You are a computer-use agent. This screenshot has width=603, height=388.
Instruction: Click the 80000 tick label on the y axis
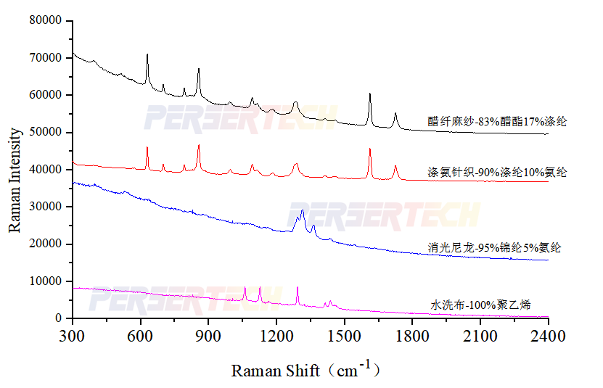pyautogui.click(x=45, y=20)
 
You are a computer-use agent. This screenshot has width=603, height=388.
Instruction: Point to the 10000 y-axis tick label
pyautogui.click(x=45, y=281)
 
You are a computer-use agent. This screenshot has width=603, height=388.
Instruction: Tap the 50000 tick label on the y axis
pyautogui.click(x=45, y=132)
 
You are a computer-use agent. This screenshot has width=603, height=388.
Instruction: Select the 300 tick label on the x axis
pyautogui.click(x=73, y=336)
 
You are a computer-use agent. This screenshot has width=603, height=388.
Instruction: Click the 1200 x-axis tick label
pyautogui.click(x=276, y=336)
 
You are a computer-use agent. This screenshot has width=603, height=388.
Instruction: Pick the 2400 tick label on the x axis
pyautogui.click(x=548, y=336)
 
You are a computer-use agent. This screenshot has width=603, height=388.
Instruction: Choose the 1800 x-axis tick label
pyautogui.click(x=412, y=336)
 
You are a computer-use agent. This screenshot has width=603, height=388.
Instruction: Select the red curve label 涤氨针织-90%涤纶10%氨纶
pyautogui.click(x=497, y=173)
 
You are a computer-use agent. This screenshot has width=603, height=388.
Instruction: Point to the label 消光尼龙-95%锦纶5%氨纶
pyautogui.click(x=494, y=248)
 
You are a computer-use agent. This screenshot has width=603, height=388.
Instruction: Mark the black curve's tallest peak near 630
pyautogui.click(x=147, y=54)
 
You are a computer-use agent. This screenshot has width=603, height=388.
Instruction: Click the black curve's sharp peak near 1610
pyautogui.click(x=370, y=94)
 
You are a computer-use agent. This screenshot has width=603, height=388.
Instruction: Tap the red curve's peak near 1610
pyautogui.click(x=370, y=149)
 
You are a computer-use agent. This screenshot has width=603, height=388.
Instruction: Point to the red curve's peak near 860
pyautogui.click(x=199, y=145)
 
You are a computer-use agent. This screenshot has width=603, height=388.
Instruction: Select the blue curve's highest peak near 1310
pyautogui.click(x=303, y=210)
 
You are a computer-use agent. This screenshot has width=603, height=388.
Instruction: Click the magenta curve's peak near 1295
pyautogui.click(x=298, y=287)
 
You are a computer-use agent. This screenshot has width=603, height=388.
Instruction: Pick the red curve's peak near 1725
pyautogui.click(x=395, y=166)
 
